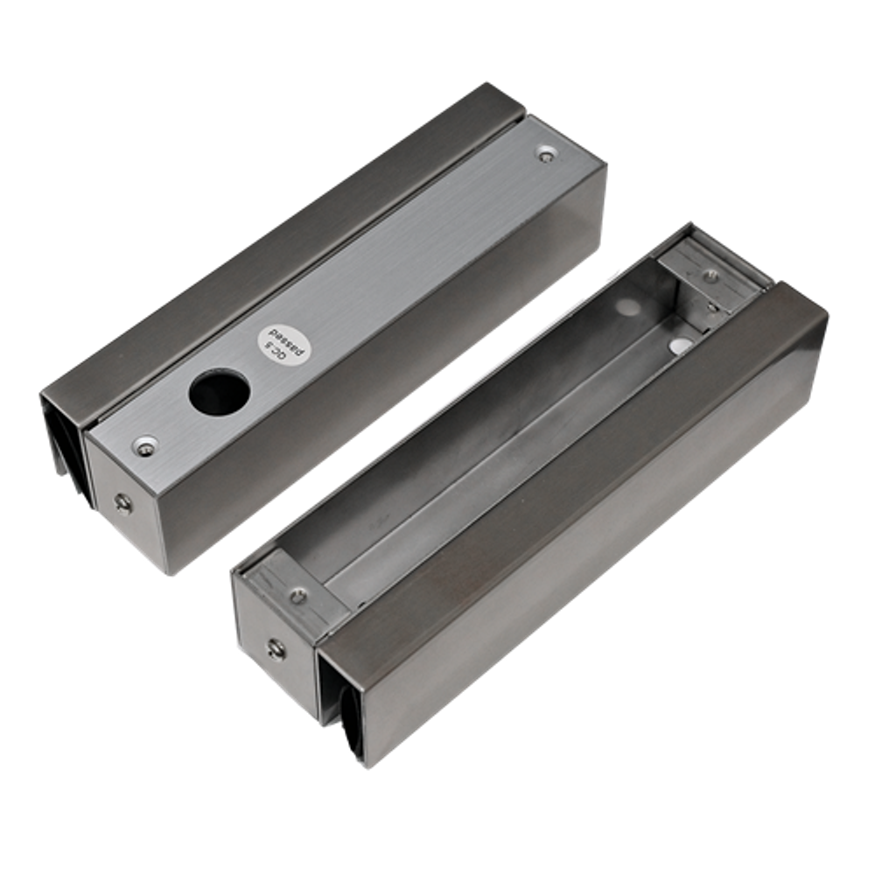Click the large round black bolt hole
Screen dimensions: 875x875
(218, 388)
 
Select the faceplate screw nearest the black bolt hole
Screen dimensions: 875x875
(144, 446)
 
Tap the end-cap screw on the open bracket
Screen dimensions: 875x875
(275, 649)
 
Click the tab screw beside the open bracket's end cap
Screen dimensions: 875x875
(299, 596)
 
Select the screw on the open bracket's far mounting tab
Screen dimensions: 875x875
(710, 275)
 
